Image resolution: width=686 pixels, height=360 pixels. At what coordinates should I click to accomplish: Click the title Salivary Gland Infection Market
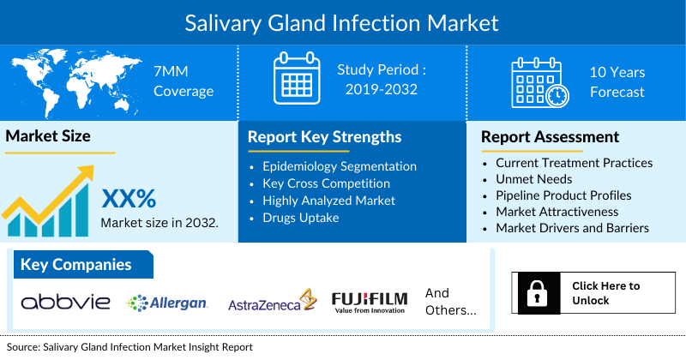[x=342, y=21]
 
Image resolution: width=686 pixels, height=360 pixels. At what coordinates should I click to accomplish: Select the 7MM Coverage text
[x=184, y=81]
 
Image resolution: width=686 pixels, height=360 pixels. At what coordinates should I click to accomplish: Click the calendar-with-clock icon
[x=538, y=81]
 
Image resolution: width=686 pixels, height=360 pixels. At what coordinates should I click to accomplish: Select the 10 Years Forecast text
[x=617, y=81]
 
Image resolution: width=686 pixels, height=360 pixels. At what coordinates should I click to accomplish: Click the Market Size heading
[x=48, y=135]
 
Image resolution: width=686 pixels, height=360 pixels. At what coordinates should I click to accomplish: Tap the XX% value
[x=129, y=199]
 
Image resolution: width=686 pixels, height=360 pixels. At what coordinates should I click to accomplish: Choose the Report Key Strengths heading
[x=325, y=136]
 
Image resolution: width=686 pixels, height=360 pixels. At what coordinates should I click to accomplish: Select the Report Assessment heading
[x=550, y=136]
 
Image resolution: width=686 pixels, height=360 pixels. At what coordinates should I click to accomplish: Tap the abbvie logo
[x=66, y=302]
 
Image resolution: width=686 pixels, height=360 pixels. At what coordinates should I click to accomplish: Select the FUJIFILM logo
[x=370, y=302]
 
